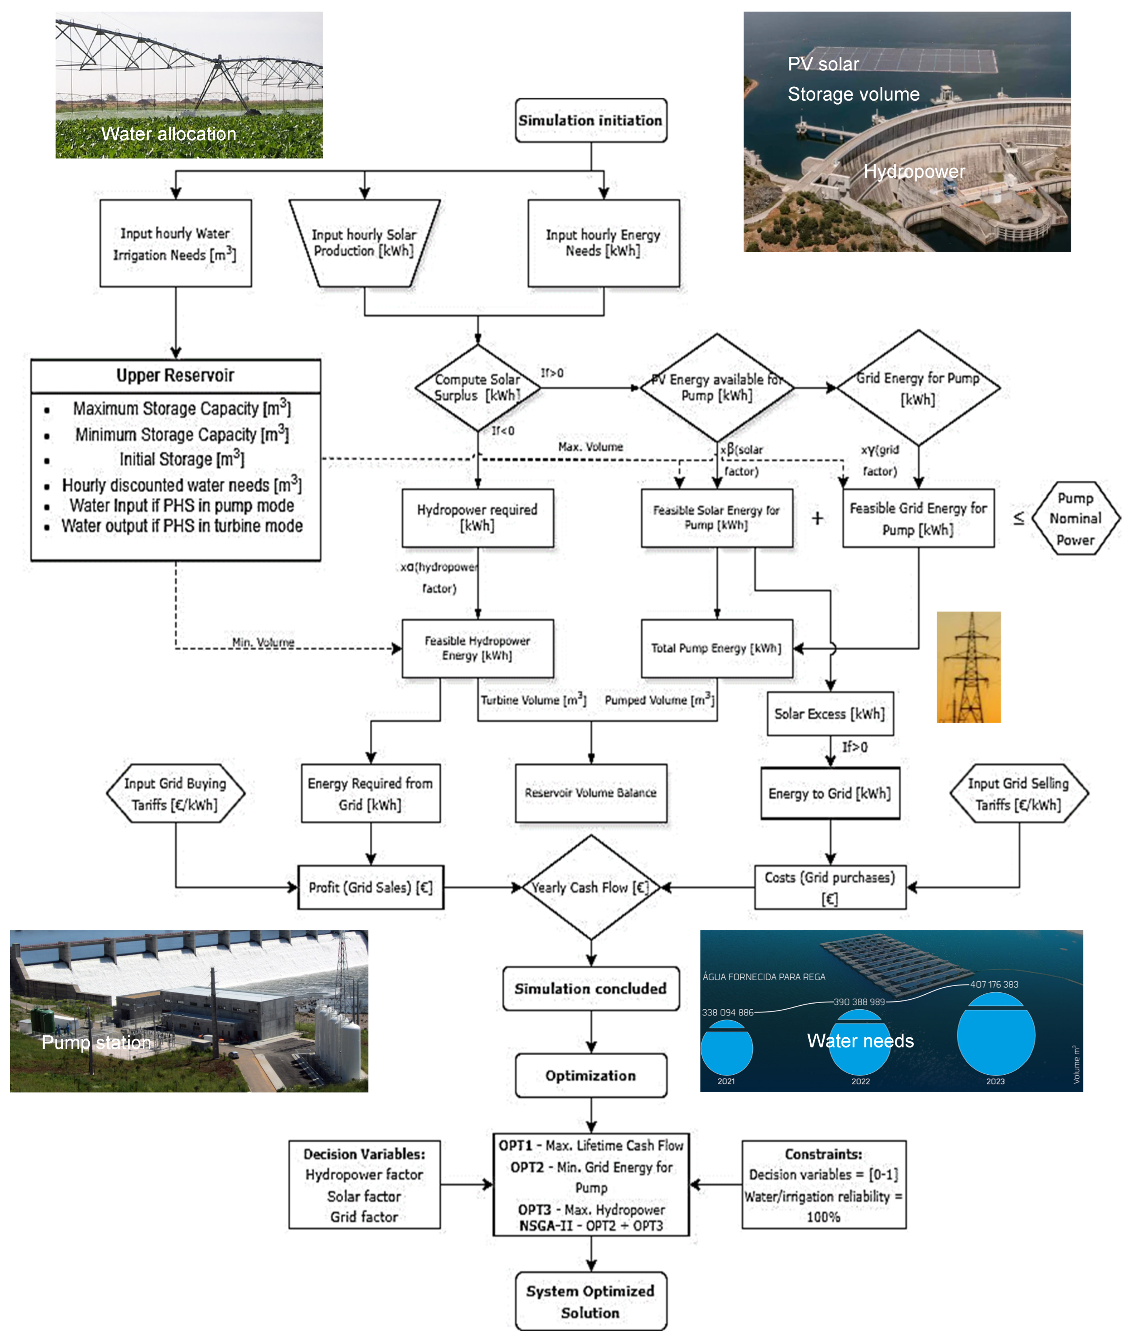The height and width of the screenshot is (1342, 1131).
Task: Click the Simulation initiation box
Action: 591,120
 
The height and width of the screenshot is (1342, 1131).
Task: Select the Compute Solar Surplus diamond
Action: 477,387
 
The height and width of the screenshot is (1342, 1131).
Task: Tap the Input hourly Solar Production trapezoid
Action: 364,243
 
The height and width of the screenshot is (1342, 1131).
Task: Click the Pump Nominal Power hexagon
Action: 1075,518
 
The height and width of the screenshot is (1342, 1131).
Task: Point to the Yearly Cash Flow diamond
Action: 591,887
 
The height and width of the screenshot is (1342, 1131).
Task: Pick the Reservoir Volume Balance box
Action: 591,793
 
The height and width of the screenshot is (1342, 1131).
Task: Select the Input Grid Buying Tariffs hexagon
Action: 175,794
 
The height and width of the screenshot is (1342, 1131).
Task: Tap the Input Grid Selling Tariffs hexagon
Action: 1018,794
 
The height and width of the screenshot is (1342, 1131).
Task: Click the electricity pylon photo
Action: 968,667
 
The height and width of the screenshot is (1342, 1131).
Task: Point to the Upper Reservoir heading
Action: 175,375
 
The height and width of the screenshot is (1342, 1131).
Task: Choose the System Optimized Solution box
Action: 591,1301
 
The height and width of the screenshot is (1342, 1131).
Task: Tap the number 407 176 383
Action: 994,984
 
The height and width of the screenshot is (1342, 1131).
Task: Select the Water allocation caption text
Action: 169,133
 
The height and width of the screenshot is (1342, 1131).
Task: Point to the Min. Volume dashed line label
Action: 263,642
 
